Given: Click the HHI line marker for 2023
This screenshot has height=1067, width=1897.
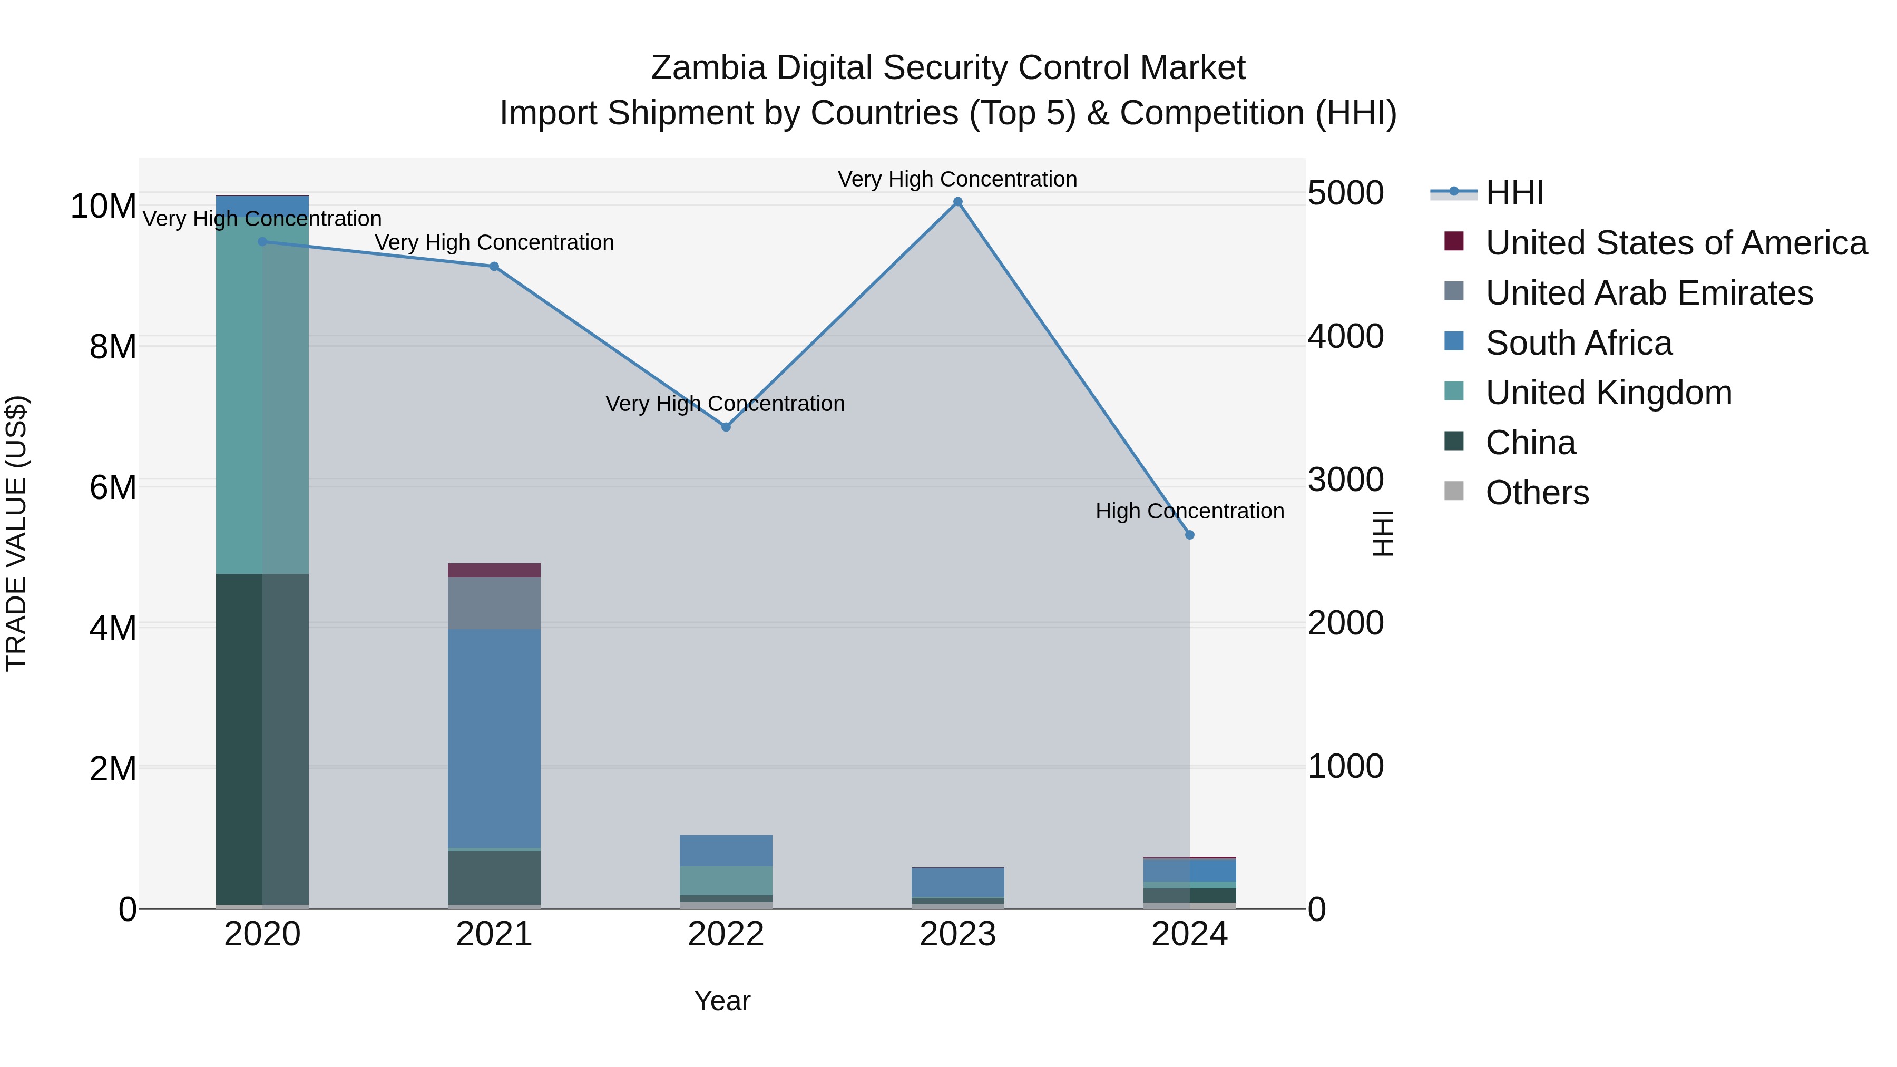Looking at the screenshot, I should [957, 202].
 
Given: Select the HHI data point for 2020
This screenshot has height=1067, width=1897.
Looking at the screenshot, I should [262, 241].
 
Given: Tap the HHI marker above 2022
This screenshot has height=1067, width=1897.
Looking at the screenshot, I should [726, 427].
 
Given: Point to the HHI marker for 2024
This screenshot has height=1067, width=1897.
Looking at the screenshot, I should [1189, 535].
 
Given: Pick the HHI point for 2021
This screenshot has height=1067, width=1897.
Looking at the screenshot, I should [494, 267].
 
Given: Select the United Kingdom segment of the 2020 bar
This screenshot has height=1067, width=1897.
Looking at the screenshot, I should [262, 398].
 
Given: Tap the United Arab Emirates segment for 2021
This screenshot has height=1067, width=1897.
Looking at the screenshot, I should [494, 603].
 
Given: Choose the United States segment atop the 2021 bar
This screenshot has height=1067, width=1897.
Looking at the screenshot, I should [494, 570].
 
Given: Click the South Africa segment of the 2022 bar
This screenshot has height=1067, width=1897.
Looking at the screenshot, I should [726, 850].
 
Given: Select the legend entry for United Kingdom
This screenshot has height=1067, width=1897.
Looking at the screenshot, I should [1608, 393].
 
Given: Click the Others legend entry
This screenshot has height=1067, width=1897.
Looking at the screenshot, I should [1537, 493].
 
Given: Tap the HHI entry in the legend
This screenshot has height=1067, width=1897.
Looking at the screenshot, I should [1514, 193].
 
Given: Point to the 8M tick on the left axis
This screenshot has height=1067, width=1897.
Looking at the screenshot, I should [113, 347].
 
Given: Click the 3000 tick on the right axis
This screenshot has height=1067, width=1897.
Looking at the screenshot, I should [1345, 480].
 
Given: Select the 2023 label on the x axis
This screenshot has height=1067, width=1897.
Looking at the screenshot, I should [957, 934].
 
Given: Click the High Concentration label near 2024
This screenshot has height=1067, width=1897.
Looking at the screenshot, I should [1189, 511].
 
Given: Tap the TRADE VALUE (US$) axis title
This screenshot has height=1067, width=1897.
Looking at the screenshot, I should [16, 533].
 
